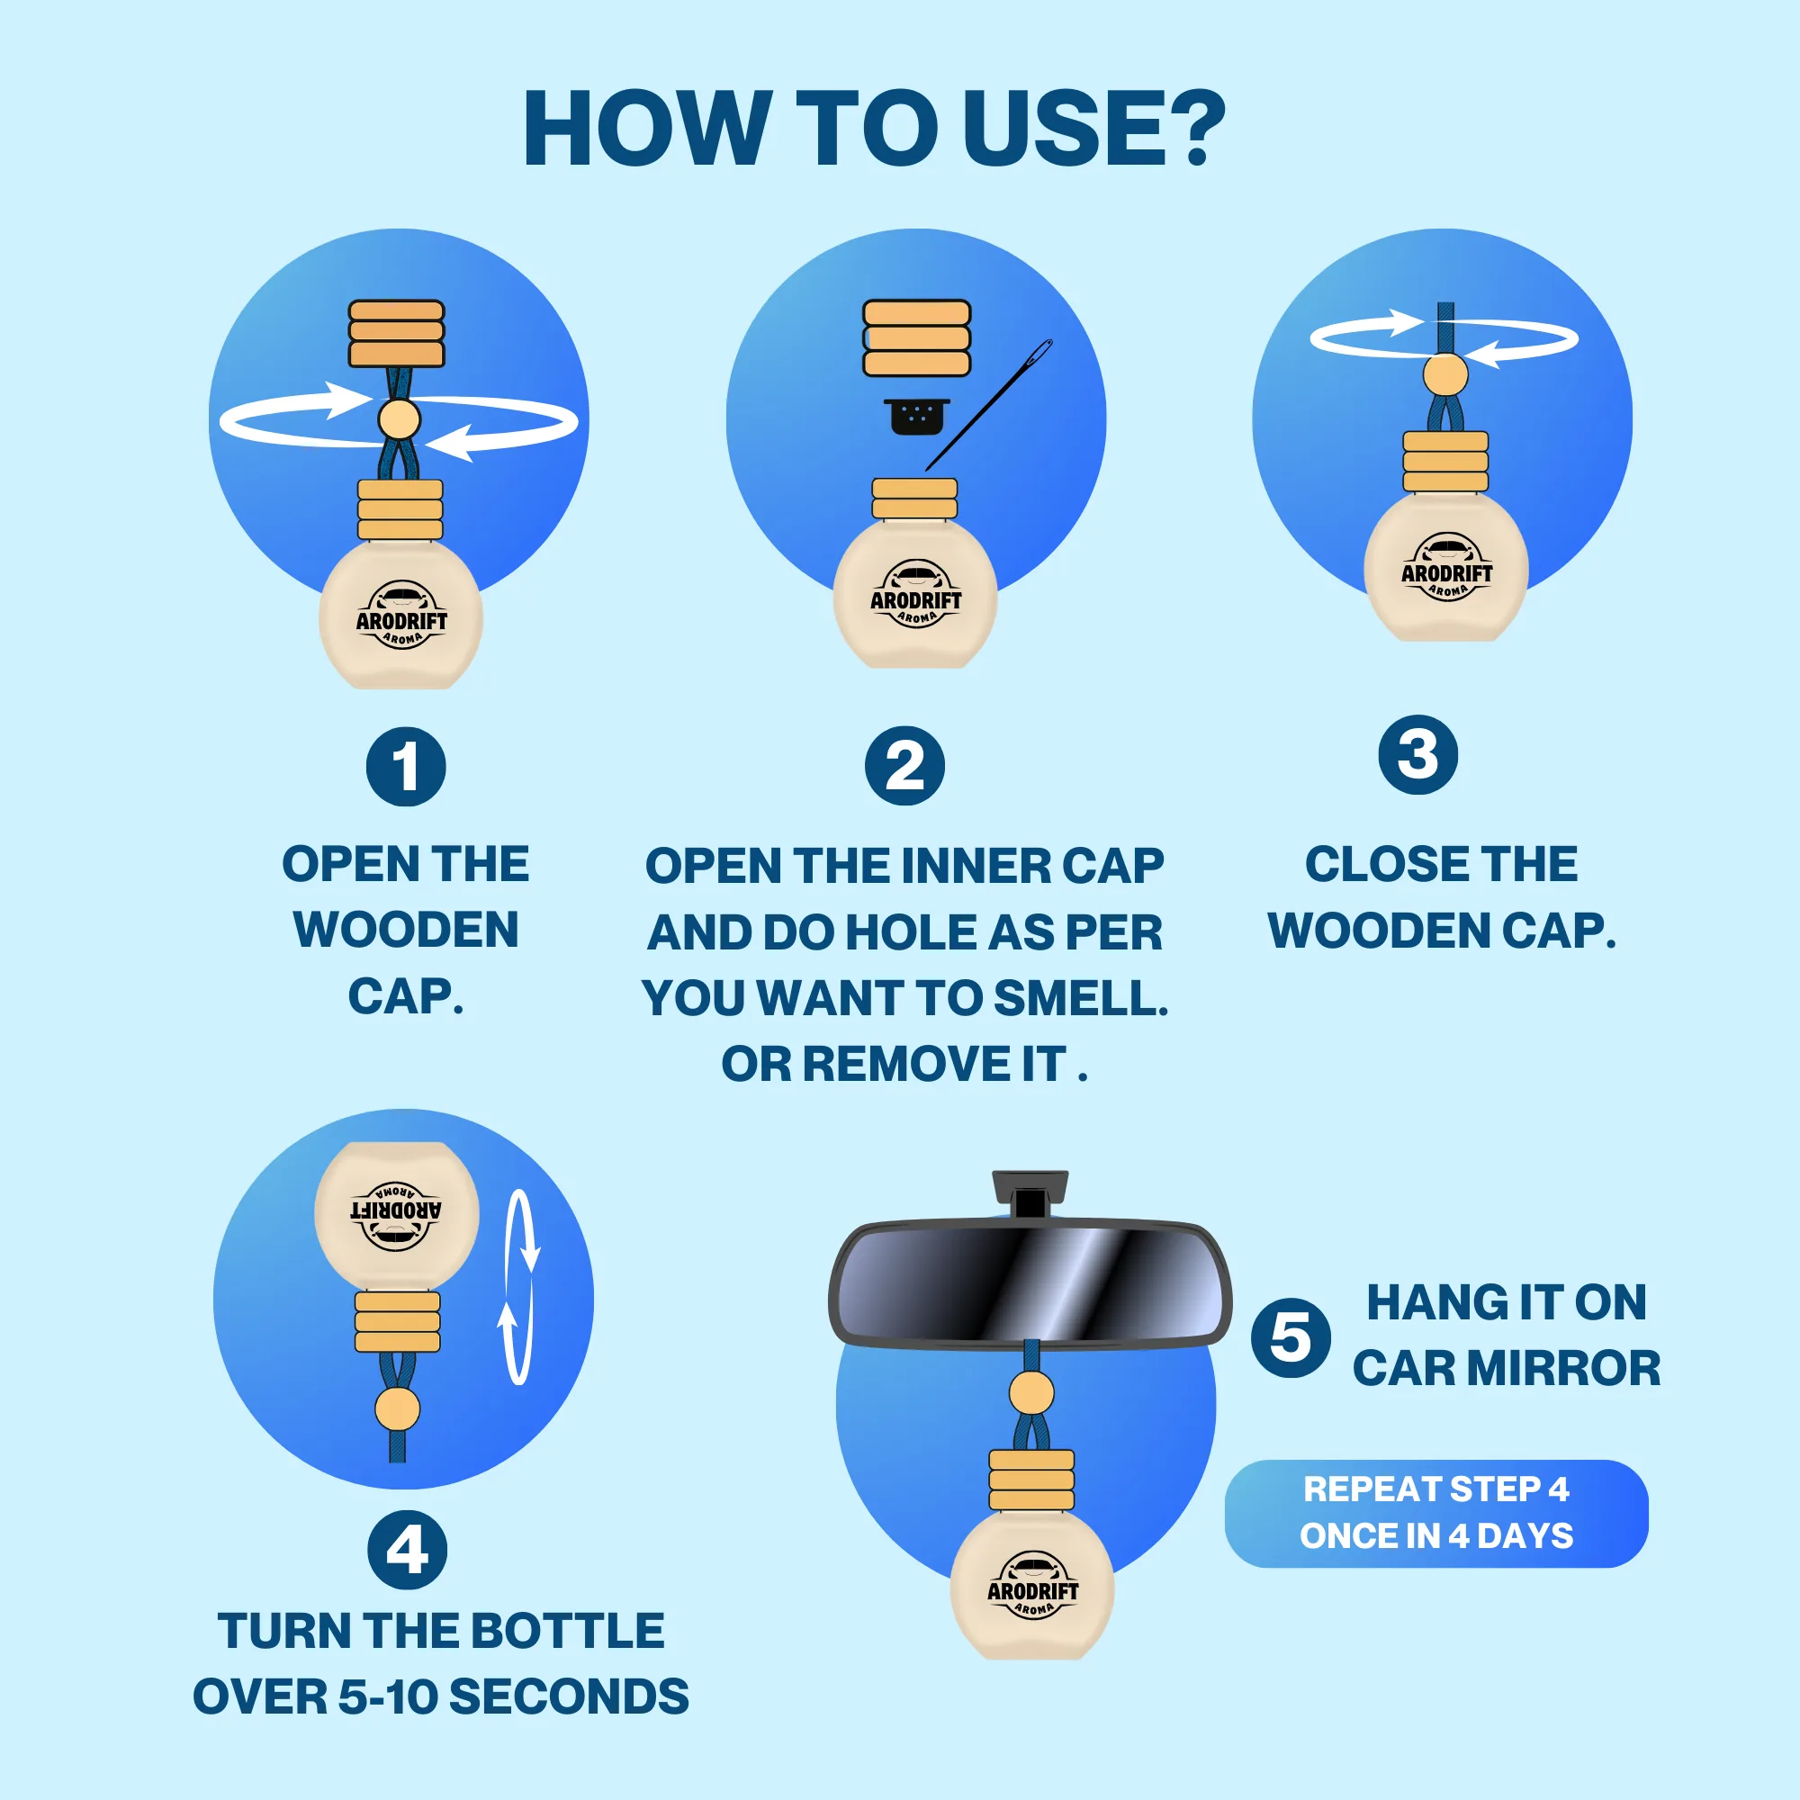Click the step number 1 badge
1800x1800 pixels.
pyautogui.click(x=405, y=767)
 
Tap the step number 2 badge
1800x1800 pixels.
pyautogui.click(x=904, y=767)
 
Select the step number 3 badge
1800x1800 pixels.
pyautogui.click(x=1418, y=755)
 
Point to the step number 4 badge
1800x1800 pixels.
pyautogui.click(x=407, y=1551)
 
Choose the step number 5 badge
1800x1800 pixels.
pyautogui.click(x=1291, y=1338)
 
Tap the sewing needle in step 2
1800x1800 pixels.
pyautogui.click(x=989, y=404)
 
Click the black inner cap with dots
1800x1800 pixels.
pyautogui.click(x=917, y=417)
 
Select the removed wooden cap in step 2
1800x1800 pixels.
pyautogui.click(x=917, y=337)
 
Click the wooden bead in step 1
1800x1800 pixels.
pyautogui.click(x=399, y=419)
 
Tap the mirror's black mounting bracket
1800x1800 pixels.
pyautogui.click(x=1030, y=1194)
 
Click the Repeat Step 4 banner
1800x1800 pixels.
pyautogui.click(x=1435, y=1513)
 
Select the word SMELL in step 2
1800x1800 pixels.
pyautogui.click(x=1081, y=998)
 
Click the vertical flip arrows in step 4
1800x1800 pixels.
pyautogui.click(x=520, y=1286)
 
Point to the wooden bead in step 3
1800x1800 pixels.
pyautogui.click(x=1445, y=374)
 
